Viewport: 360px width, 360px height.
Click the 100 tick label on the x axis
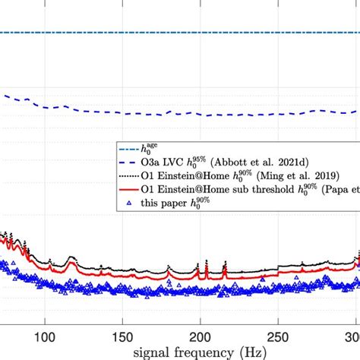pyautogui.click(x=45, y=335)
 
